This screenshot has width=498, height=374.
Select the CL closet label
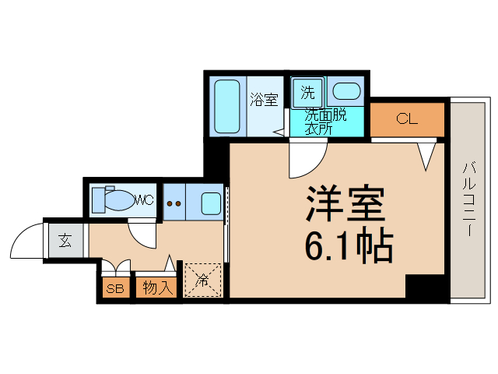tap(406, 119)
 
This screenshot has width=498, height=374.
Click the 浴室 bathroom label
tap(264, 100)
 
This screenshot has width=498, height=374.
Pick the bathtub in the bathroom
tap(226, 106)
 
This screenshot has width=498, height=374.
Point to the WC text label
tap(146, 200)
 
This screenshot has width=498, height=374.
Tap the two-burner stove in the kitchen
tap(175, 204)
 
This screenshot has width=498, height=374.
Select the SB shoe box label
tap(115, 288)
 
